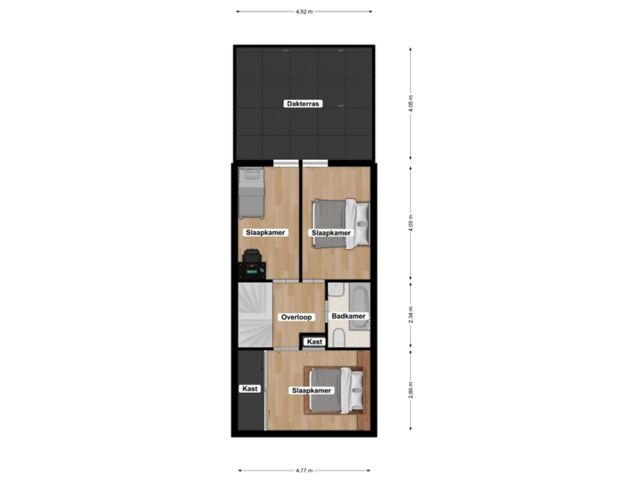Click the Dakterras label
click(304, 104)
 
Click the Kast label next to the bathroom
click(313, 342)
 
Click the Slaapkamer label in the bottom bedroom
click(312, 391)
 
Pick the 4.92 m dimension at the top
click(304, 12)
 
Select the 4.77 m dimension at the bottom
click(304, 470)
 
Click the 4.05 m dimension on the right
click(411, 104)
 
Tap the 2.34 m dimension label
click(411, 316)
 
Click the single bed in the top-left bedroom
click(251, 194)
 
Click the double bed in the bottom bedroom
click(335, 391)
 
